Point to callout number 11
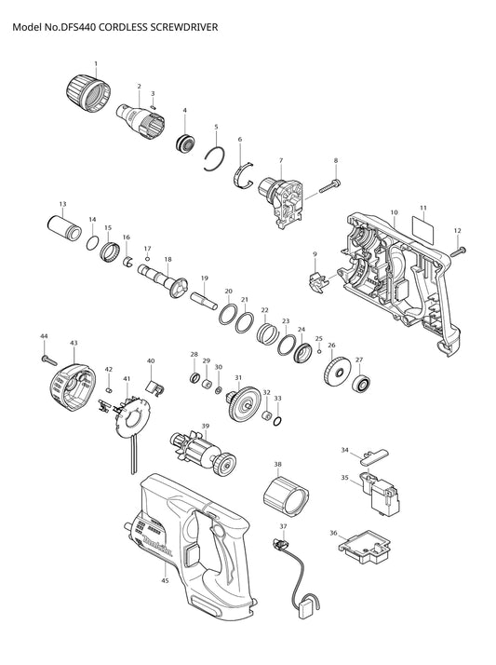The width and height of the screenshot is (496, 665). click(x=423, y=208)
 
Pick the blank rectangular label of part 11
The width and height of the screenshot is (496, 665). click(x=423, y=230)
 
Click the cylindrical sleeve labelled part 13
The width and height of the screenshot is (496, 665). click(x=64, y=228)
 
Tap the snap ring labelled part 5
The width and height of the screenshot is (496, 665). click(x=214, y=159)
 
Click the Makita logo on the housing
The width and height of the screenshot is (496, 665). click(x=157, y=546)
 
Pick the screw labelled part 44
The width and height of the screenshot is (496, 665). click(x=48, y=360)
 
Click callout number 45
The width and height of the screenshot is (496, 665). click(x=165, y=580)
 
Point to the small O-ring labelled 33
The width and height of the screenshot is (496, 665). click(x=277, y=422)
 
